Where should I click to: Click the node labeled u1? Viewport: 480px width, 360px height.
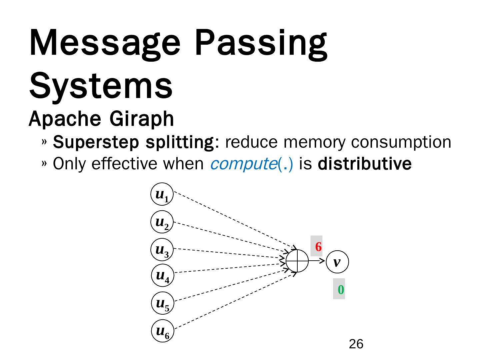click(162, 194)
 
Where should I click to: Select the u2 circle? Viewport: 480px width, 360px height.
click(162, 222)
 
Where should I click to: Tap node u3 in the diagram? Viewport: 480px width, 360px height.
click(162, 250)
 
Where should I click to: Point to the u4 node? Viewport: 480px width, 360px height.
click(162, 276)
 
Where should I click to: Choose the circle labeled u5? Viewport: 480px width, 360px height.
click(162, 304)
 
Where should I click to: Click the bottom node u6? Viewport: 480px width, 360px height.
click(162, 331)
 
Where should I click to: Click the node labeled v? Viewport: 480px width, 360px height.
click(337, 262)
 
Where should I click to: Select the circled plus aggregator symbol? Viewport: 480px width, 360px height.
click(297, 261)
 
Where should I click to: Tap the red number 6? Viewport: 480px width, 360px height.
click(318, 247)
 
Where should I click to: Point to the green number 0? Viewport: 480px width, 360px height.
click(340, 290)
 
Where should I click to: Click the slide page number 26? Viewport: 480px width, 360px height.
click(356, 344)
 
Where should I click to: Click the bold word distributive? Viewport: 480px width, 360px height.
click(365, 164)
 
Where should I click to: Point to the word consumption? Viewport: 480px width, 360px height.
click(401, 142)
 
